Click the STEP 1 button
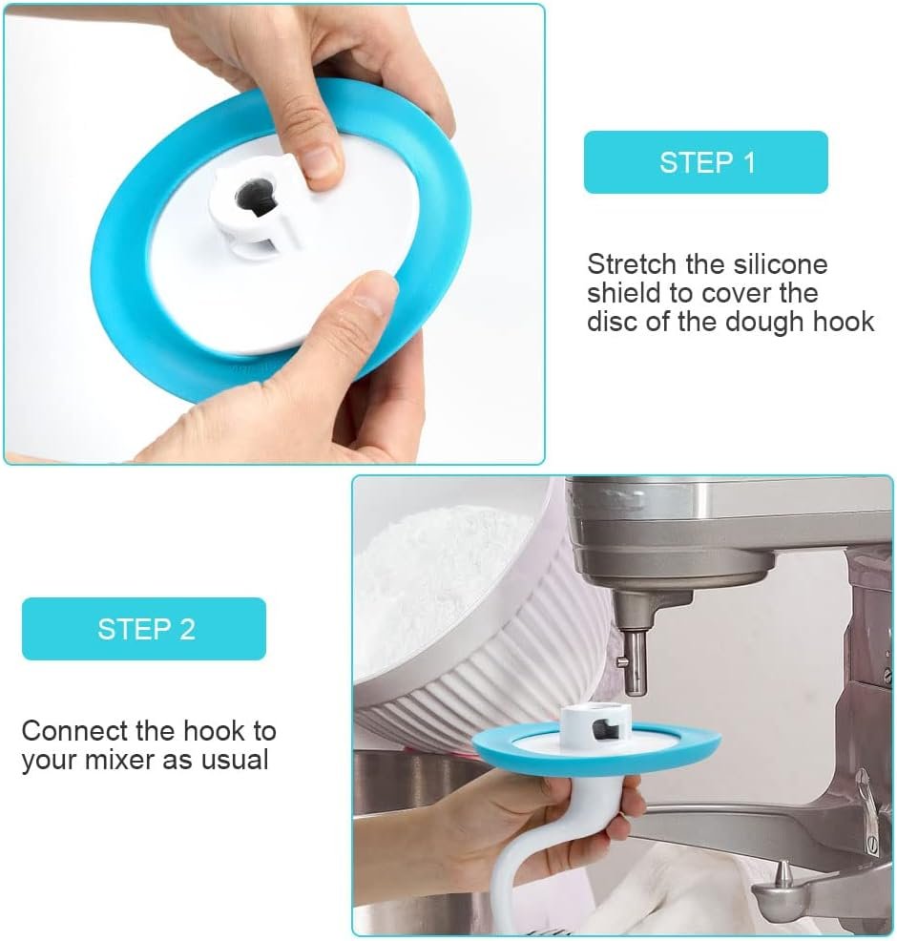click(x=705, y=162)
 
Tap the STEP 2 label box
click(x=144, y=629)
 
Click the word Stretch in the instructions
click(x=631, y=264)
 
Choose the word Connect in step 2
click(x=74, y=732)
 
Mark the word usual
click(x=234, y=761)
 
